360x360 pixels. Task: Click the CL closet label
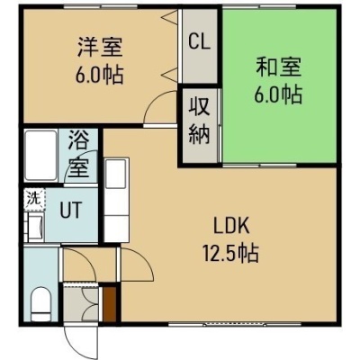tap(199, 42)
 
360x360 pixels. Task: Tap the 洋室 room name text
tap(100, 47)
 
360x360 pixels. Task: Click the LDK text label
tap(231, 227)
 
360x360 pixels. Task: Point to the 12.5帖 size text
tap(231, 253)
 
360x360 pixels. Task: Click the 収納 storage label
tap(199, 124)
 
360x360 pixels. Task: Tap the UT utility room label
tap(71, 210)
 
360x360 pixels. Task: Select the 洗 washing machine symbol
tap(34, 199)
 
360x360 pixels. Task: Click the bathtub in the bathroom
tap(40, 155)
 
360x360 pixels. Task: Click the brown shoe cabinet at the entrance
tap(110, 304)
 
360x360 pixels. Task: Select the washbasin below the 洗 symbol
tap(35, 226)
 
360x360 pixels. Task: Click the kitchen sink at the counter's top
tap(116, 174)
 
